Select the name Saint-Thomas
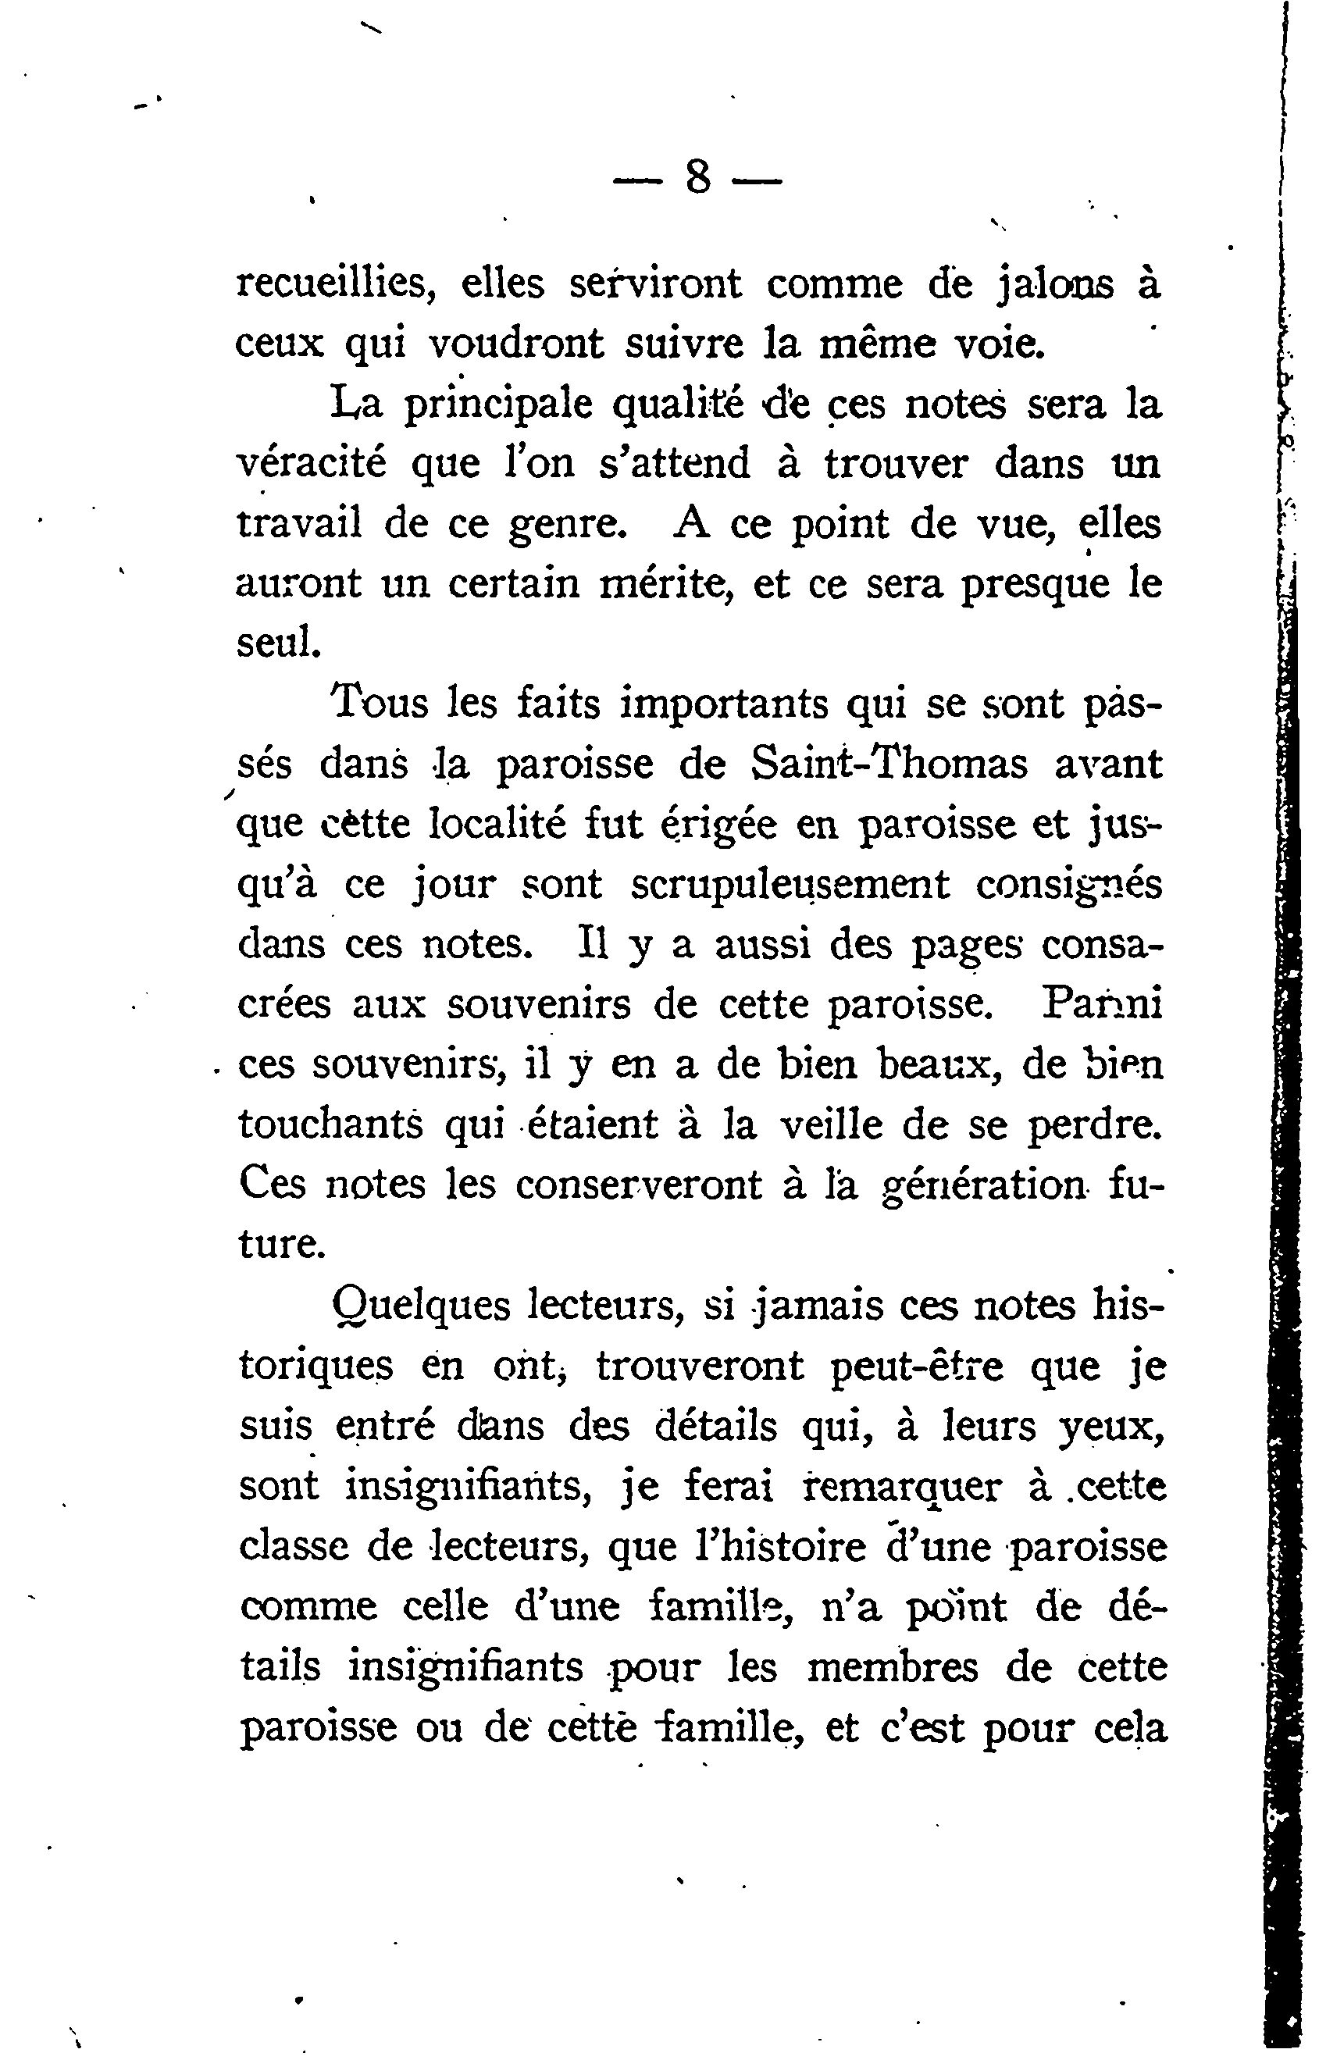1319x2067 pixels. click(x=889, y=764)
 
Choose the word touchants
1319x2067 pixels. click(x=330, y=1124)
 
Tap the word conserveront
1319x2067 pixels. click(x=639, y=1185)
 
